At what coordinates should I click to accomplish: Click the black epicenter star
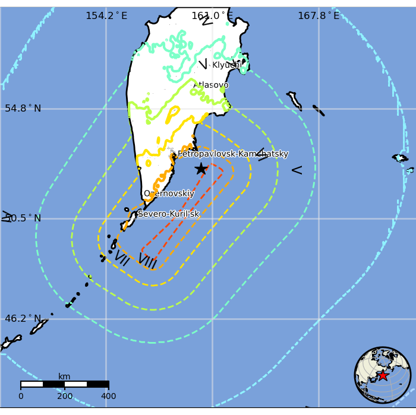pyautogui.click(x=201, y=169)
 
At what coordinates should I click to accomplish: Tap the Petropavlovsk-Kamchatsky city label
pyautogui.click(x=233, y=154)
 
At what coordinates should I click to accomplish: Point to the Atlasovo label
pyautogui.click(x=210, y=85)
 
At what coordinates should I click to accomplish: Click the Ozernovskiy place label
pyautogui.click(x=169, y=194)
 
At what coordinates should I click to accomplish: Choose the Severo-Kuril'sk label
pyautogui.click(x=168, y=214)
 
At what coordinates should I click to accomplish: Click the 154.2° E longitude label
pyautogui.click(x=106, y=16)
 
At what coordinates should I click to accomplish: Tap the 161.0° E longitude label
pyautogui.click(x=212, y=16)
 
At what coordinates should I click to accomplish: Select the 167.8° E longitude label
pyautogui.click(x=319, y=16)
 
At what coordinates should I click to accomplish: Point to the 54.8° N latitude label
pyautogui.click(x=23, y=109)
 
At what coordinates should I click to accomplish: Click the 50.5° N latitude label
pyautogui.click(x=23, y=218)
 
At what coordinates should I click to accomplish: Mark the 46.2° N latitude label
pyautogui.click(x=23, y=319)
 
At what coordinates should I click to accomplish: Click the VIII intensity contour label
pyautogui.click(x=147, y=261)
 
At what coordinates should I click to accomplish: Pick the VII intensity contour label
pyautogui.click(x=121, y=257)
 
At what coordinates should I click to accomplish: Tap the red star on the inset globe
pyautogui.click(x=383, y=375)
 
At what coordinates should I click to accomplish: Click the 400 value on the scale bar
pyautogui.click(x=108, y=396)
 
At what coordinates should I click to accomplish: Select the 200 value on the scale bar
pyautogui.click(x=65, y=396)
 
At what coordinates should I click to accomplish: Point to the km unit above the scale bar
pyautogui.click(x=64, y=376)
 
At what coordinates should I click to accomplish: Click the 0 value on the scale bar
pyautogui.click(x=21, y=396)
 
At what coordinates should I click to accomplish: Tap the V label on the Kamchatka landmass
pyautogui.click(x=203, y=64)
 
